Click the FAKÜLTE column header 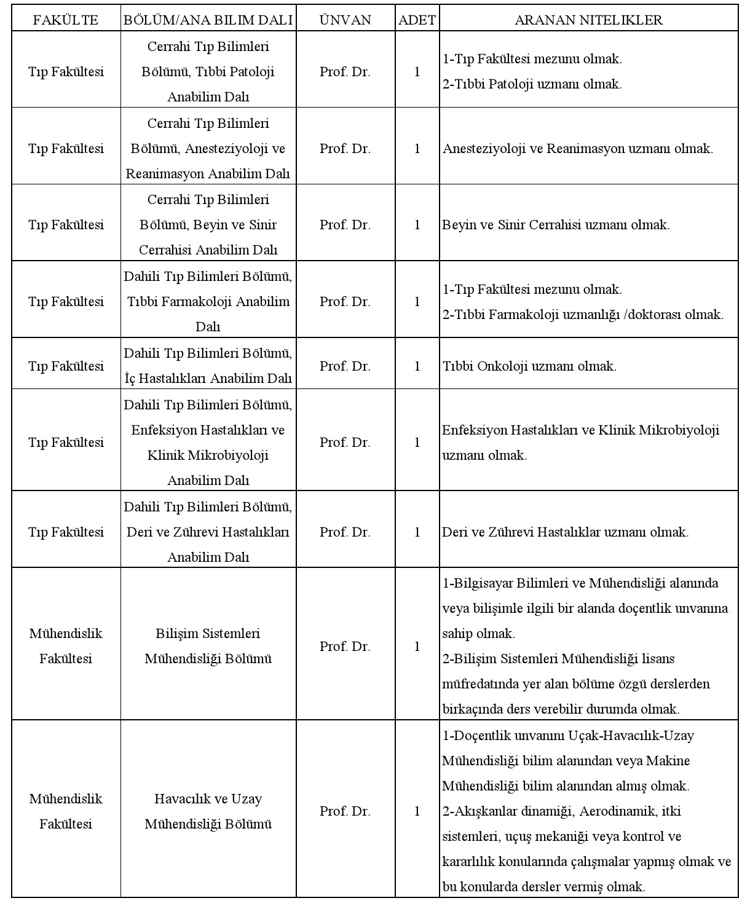click(x=65, y=20)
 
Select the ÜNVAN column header click(x=345, y=20)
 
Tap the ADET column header click(x=417, y=20)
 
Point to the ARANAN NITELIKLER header click(x=588, y=20)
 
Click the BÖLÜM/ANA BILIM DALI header click(x=208, y=20)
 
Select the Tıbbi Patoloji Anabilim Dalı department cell click(x=208, y=71)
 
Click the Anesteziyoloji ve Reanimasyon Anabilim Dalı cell click(x=208, y=149)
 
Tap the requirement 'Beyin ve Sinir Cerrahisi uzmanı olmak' click(x=556, y=225)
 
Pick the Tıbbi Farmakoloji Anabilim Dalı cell click(x=208, y=301)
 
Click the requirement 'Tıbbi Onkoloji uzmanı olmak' click(x=529, y=366)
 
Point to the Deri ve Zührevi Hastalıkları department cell click(x=208, y=532)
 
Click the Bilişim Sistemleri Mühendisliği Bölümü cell click(x=208, y=646)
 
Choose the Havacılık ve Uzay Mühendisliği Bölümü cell click(x=208, y=811)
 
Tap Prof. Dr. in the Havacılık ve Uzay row click(x=345, y=811)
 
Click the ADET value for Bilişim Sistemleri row click(x=417, y=647)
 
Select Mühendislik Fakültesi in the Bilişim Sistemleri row click(x=65, y=646)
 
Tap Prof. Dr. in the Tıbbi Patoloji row click(x=345, y=72)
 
